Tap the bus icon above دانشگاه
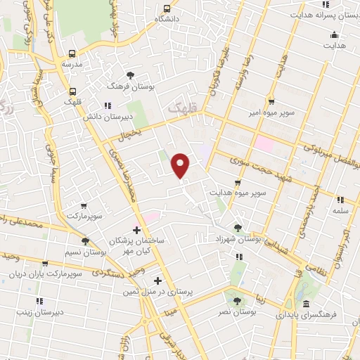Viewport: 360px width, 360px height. click(166, 8)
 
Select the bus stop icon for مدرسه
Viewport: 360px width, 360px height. click(72, 53)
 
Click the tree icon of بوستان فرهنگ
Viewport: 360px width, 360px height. click(129, 75)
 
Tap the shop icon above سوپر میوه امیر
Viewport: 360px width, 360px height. click(270, 101)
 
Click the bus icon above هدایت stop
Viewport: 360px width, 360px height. click(335, 35)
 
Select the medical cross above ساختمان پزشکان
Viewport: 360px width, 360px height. click(136, 230)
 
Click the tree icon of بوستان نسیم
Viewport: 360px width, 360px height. click(85, 240)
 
